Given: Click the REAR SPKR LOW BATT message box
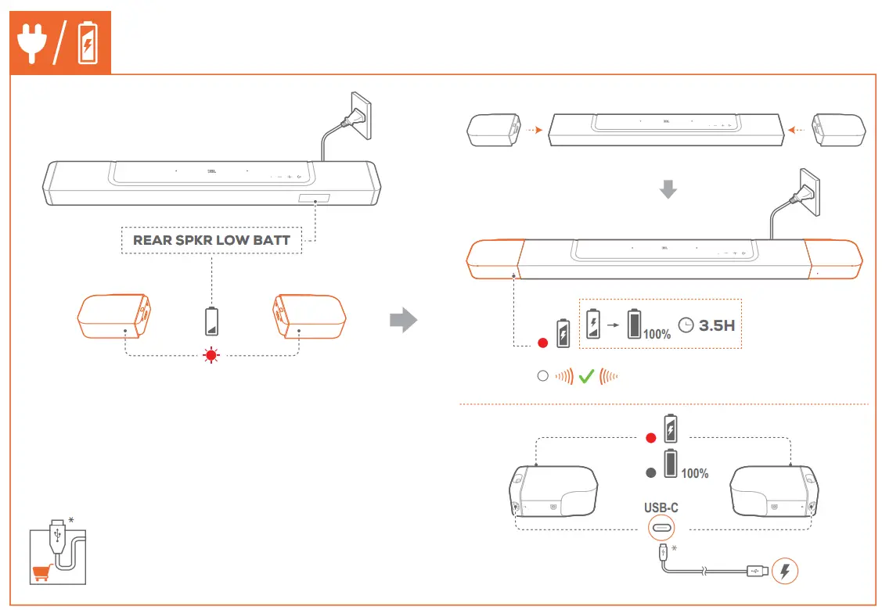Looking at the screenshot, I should pyautogui.click(x=211, y=240).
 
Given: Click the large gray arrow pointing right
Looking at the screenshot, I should pyautogui.click(x=404, y=321).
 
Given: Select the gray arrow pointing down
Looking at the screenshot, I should pyautogui.click(x=668, y=188).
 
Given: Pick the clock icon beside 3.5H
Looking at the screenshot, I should pyautogui.click(x=686, y=325).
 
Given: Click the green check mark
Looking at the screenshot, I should pyautogui.click(x=586, y=376).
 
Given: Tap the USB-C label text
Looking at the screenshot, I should pyautogui.click(x=661, y=508).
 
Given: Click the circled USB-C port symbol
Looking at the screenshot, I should pyautogui.click(x=661, y=529).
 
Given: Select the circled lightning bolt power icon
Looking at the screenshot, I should pyautogui.click(x=785, y=571).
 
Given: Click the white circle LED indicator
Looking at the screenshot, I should pyautogui.click(x=542, y=376).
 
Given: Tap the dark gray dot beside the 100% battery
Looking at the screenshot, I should pyautogui.click(x=650, y=472).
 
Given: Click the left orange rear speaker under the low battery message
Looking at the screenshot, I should pyautogui.click(x=113, y=318).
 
